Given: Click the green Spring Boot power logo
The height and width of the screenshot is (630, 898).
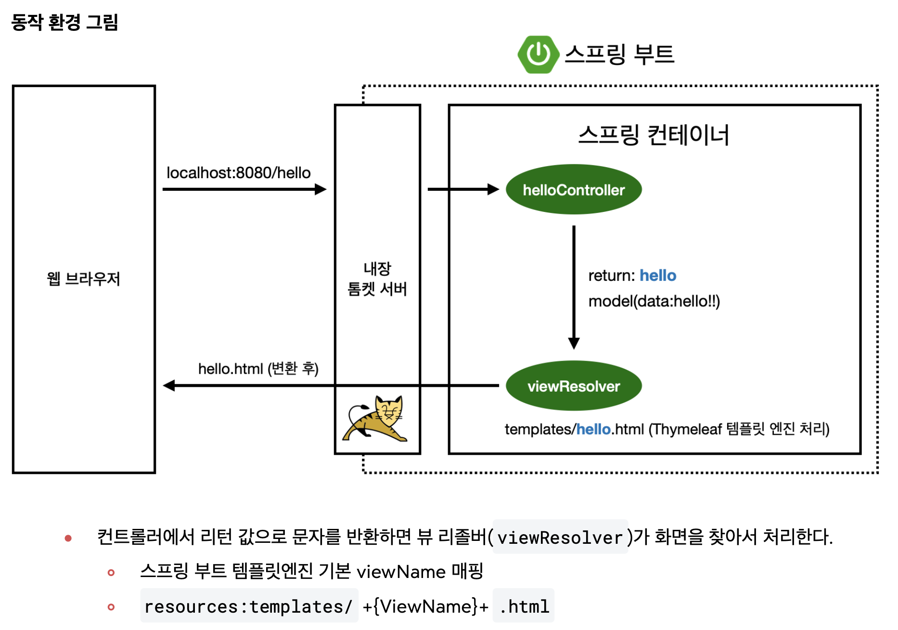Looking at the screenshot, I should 538,54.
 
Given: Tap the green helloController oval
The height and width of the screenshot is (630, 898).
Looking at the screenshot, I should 574,190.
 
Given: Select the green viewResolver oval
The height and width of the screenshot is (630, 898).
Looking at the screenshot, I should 574,386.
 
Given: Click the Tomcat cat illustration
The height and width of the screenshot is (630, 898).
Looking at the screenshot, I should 376,420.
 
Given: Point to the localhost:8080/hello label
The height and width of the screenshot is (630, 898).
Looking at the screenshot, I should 238,173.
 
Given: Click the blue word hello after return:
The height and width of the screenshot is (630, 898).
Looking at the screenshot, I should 658,276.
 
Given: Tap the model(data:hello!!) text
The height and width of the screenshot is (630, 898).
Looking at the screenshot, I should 654,302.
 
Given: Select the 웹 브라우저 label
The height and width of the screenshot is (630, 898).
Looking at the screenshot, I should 83,279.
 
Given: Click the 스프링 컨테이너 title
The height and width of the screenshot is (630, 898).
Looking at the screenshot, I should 654,135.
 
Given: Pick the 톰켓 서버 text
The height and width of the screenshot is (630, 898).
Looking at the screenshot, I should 377,289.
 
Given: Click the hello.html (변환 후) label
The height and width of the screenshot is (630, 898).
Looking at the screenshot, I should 258,369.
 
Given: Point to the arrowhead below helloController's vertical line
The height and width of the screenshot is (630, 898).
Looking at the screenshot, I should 574,343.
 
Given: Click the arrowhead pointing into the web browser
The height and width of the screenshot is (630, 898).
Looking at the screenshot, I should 169,385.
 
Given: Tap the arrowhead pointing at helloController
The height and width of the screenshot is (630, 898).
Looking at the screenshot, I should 493,189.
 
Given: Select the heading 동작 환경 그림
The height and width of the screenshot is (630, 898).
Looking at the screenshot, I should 64,22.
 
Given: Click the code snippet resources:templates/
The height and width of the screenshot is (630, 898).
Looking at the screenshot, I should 249,606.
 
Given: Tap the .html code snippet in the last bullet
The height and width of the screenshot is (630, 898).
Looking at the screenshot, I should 524,606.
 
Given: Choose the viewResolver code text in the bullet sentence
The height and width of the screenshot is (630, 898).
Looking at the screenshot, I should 560,538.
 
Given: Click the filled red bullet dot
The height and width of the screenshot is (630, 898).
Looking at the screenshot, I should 68,538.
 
